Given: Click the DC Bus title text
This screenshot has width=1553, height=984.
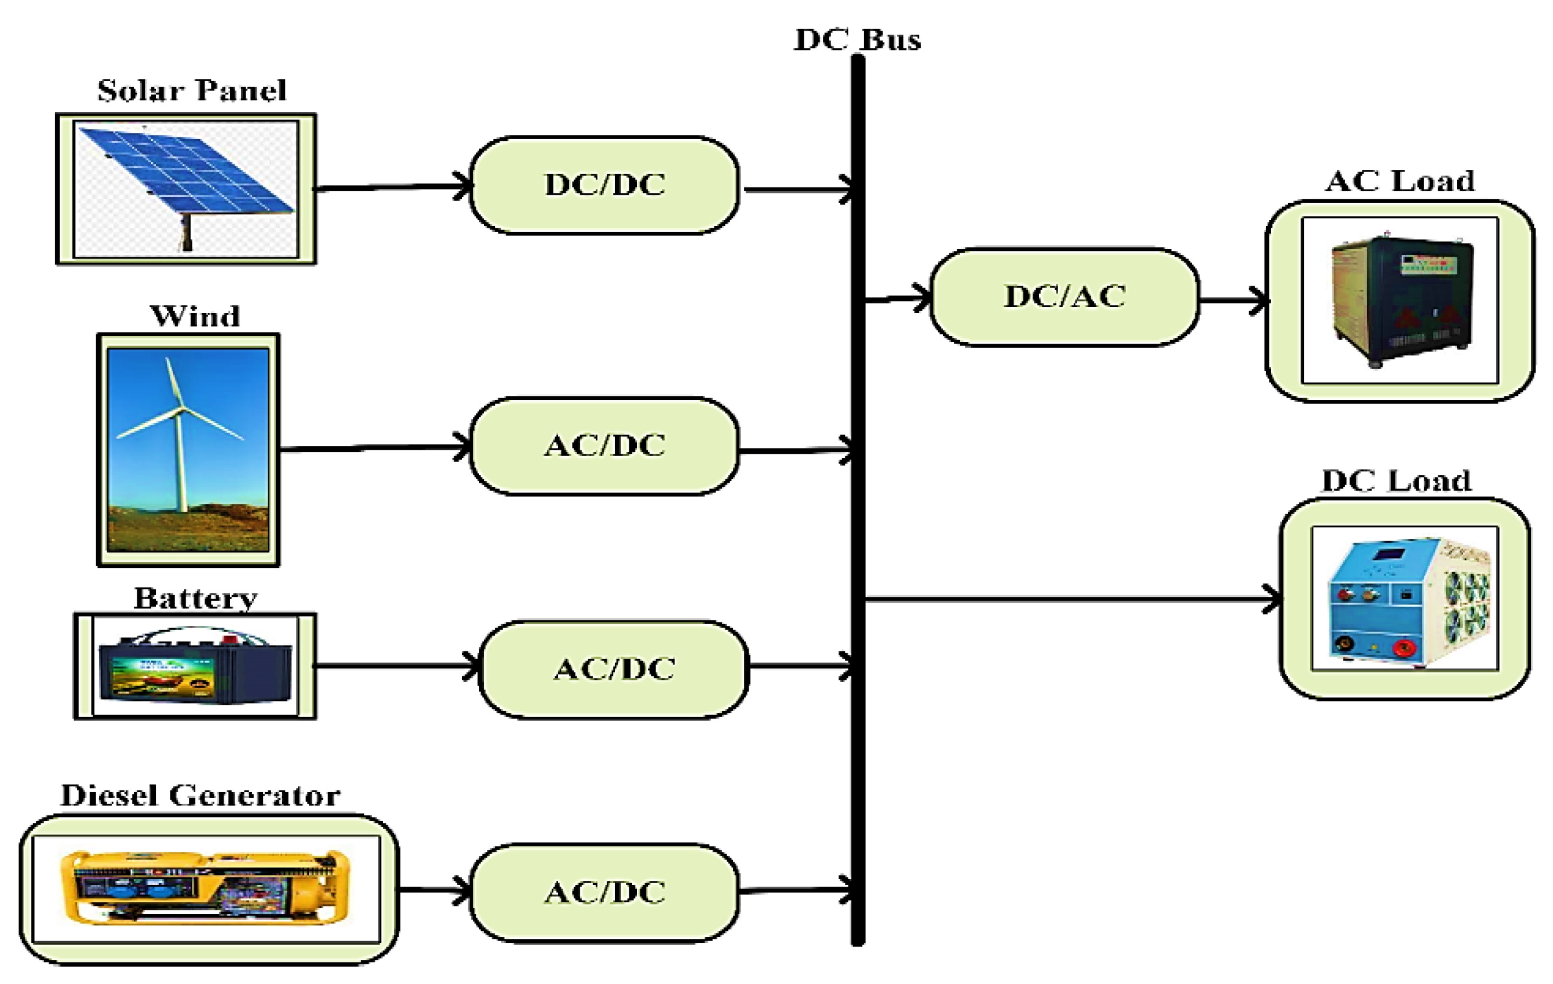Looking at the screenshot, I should click(857, 40).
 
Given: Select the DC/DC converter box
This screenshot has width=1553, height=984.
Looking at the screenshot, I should click(604, 185).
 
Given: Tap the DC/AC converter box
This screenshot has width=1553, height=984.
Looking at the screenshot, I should click(1065, 297).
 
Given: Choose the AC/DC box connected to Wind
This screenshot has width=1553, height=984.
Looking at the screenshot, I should click(604, 446).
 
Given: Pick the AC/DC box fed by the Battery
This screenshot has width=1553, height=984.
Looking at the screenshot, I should click(614, 669).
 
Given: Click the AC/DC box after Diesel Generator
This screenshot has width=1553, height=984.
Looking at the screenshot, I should click(604, 893).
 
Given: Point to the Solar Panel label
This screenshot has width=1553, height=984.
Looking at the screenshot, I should click(192, 91).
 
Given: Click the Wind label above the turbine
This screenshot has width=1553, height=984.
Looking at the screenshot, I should click(195, 316).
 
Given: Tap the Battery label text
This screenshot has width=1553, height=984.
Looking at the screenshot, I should click(195, 599).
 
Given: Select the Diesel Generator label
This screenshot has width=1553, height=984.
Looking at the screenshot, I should click(200, 796).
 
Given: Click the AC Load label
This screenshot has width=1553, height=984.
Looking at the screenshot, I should click(1399, 181).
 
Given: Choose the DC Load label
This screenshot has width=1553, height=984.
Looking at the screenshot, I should click(1397, 481).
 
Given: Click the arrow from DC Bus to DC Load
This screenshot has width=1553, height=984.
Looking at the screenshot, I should click(1071, 600).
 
